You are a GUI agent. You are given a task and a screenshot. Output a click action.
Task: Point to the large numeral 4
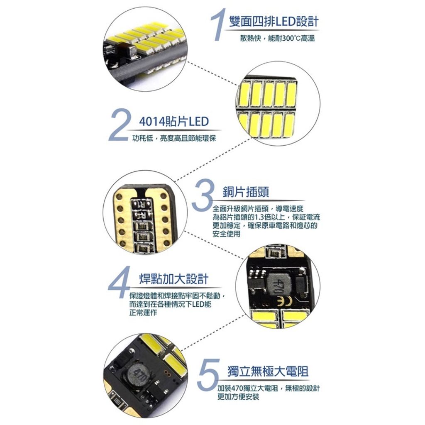tap(119, 282)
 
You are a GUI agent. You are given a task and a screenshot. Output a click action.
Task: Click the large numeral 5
tap(209, 375)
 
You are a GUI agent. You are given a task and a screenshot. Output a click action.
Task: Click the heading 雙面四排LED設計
tap(274, 22)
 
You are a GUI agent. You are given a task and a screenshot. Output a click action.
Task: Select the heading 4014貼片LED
tap(174, 122)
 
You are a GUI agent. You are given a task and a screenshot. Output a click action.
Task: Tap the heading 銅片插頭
tap(246, 192)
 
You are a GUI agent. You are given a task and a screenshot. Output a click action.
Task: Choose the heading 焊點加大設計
tap(174, 279)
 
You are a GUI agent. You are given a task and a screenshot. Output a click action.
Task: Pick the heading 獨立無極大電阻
tap(268, 371)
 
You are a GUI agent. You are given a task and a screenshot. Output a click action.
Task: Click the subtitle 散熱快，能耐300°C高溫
tap(278, 38)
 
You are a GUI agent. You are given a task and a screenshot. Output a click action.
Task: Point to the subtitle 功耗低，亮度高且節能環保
tap(174, 138)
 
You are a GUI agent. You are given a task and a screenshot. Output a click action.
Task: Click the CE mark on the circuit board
tap(284, 300)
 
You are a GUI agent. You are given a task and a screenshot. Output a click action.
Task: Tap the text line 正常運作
tap(143, 313)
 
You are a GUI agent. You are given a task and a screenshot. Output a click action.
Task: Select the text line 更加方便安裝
tap(238, 396)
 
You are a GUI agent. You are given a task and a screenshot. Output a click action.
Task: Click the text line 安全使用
tap(226, 234)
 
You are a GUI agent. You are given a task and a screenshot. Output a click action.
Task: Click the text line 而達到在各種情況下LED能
tap(170, 304)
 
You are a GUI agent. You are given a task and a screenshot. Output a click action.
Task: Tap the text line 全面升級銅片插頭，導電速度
tap(258, 208)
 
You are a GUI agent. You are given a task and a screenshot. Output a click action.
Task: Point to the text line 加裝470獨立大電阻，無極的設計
tap(269, 388)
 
